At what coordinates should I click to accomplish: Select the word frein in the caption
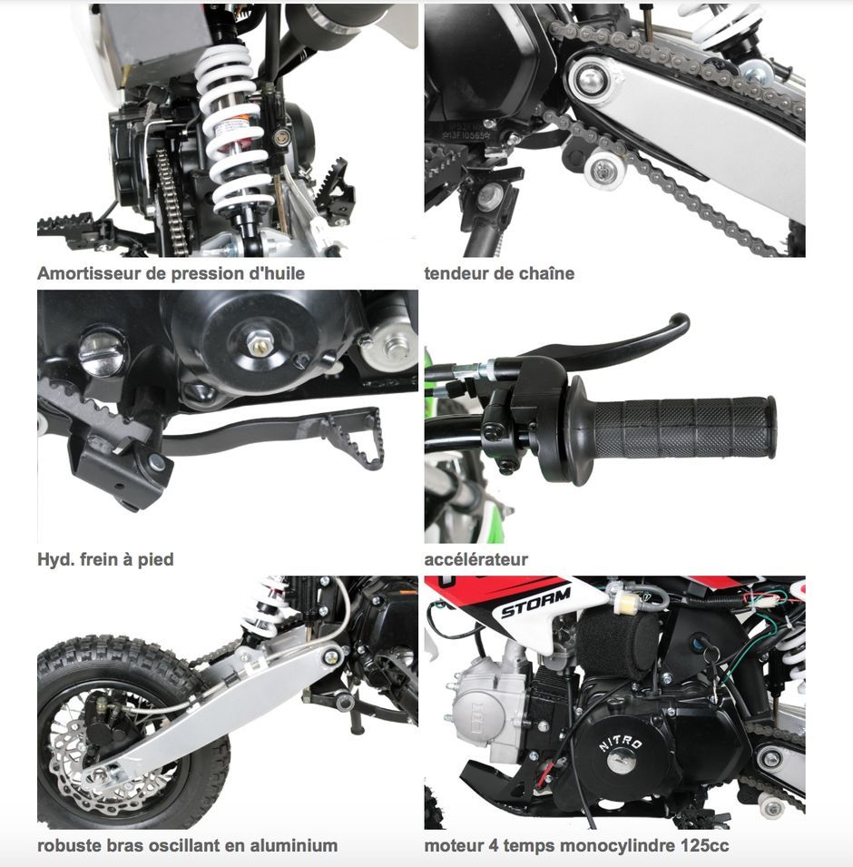point(98,559)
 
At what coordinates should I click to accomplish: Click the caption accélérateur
point(476,559)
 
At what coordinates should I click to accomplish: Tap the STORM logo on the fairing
point(535,603)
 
